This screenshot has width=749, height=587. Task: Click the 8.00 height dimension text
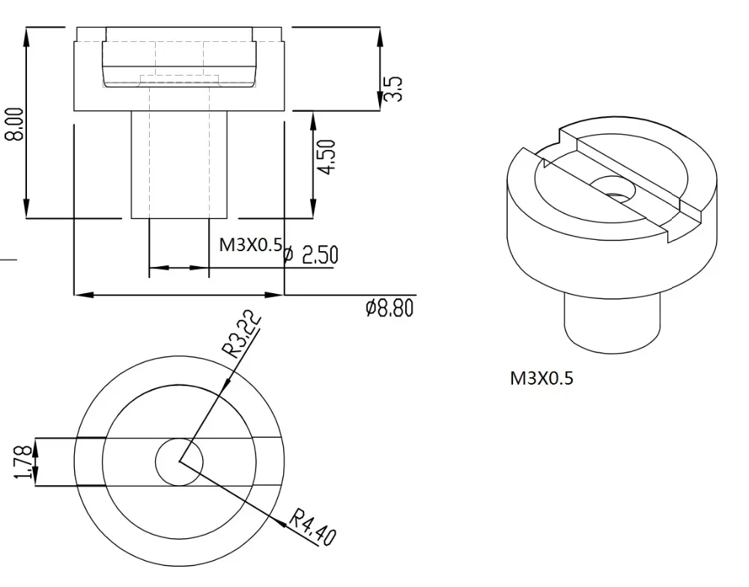(x=13, y=124)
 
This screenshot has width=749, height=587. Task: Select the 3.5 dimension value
(x=393, y=88)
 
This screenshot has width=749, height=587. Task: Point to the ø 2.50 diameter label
(x=311, y=255)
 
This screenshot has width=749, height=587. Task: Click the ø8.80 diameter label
(x=389, y=308)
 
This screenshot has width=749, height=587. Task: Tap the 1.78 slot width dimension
(x=25, y=462)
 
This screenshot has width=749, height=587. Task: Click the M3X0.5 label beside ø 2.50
(x=251, y=244)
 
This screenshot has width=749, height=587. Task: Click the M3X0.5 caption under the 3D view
(x=542, y=379)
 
